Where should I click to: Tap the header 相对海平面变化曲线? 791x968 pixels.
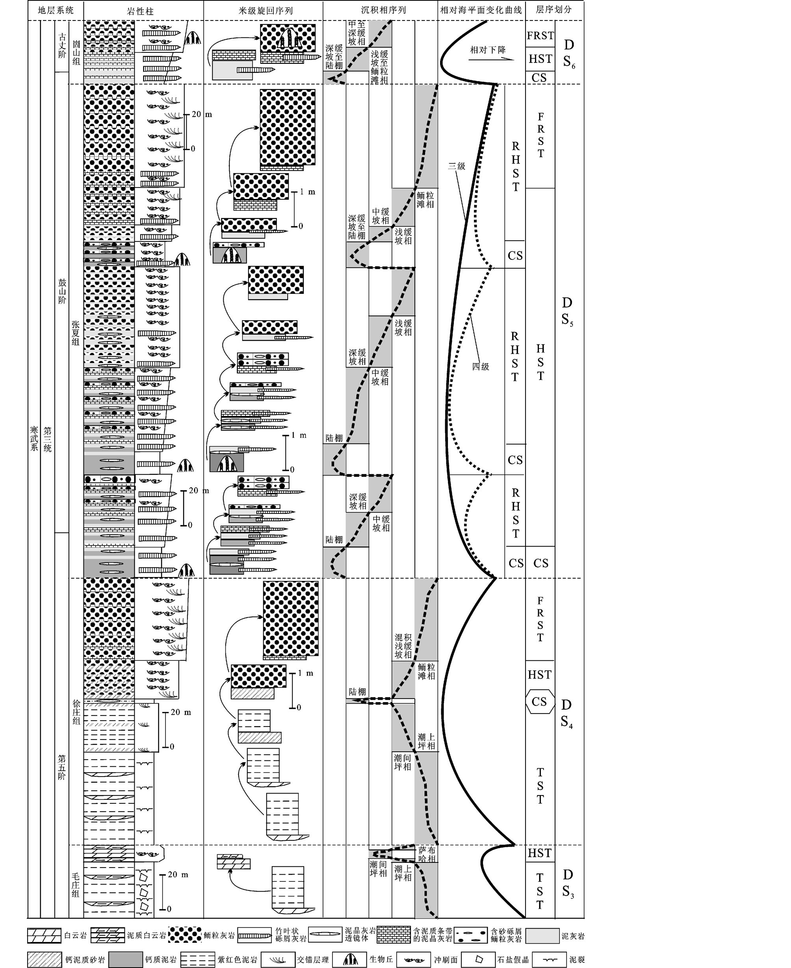coord(481,10)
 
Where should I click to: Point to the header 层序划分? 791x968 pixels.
coord(553,9)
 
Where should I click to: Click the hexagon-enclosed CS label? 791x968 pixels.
coord(540,701)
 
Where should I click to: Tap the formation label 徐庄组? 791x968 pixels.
coord(76,712)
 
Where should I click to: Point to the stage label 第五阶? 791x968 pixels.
coord(61,767)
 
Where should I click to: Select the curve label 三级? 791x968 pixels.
coord(457,166)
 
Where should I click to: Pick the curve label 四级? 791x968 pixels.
coord(480,367)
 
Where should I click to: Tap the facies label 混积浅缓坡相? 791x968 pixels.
coord(403,646)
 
